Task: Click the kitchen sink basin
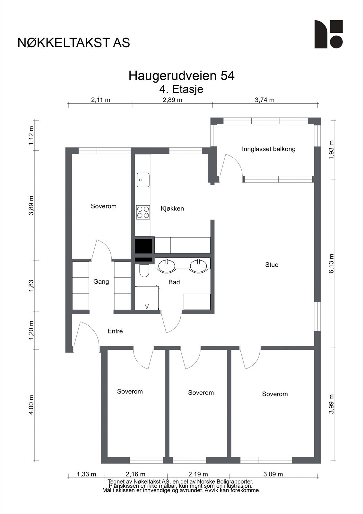(x=143, y=180)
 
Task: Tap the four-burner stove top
(x=143, y=212)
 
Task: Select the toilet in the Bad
(x=144, y=270)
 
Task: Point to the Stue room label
(x=272, y=265)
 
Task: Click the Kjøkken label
(x=172, y=208)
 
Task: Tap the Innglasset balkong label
(x=269, y=149)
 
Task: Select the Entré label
(x=115, y=331)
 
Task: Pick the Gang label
(x=101, y=282)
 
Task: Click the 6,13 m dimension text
(x=332, y=263)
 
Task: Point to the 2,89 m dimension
(x=172, y=100)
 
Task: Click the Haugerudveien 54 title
(x=181, y=76)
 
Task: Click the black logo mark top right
(x=328, y=34)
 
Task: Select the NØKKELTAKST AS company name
(x=74, y=43)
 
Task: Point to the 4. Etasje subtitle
(x=181, y=89)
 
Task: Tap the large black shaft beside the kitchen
(x=143, y=246)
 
